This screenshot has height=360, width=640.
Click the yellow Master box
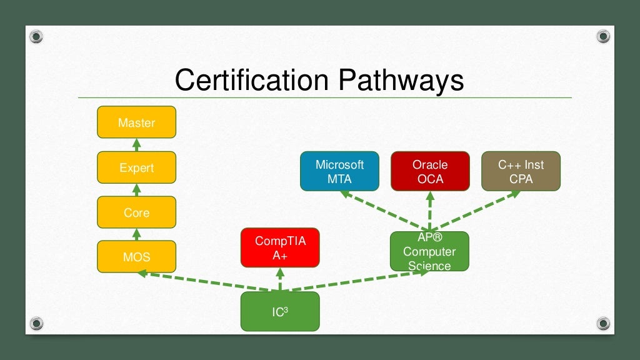click(x=136, y=122)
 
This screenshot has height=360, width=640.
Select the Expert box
click(x=136, y=167)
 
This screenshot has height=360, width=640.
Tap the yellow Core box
click(x=136, y=212)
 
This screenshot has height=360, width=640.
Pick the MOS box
click(x=136, y=257)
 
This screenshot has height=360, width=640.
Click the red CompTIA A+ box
click(x=280, y=247)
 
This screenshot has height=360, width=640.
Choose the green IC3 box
click(x=280, y=311)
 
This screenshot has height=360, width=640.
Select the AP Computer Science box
click(x=429, y=251)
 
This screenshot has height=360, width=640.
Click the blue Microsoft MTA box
click(x=339, y=171)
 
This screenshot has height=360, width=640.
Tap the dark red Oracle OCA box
click(x=430, y=171)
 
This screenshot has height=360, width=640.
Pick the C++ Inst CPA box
click(x=521, y=171)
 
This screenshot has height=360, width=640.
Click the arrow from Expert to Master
click(x=136, y=145)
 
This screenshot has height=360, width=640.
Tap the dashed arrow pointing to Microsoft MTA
click(x=381, y=209)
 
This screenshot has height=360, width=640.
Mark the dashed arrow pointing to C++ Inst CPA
click(x=478, y=209)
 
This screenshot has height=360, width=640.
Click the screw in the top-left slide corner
click(x=37, y=37)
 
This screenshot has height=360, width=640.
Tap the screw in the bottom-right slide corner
click(x=603, y=323)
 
